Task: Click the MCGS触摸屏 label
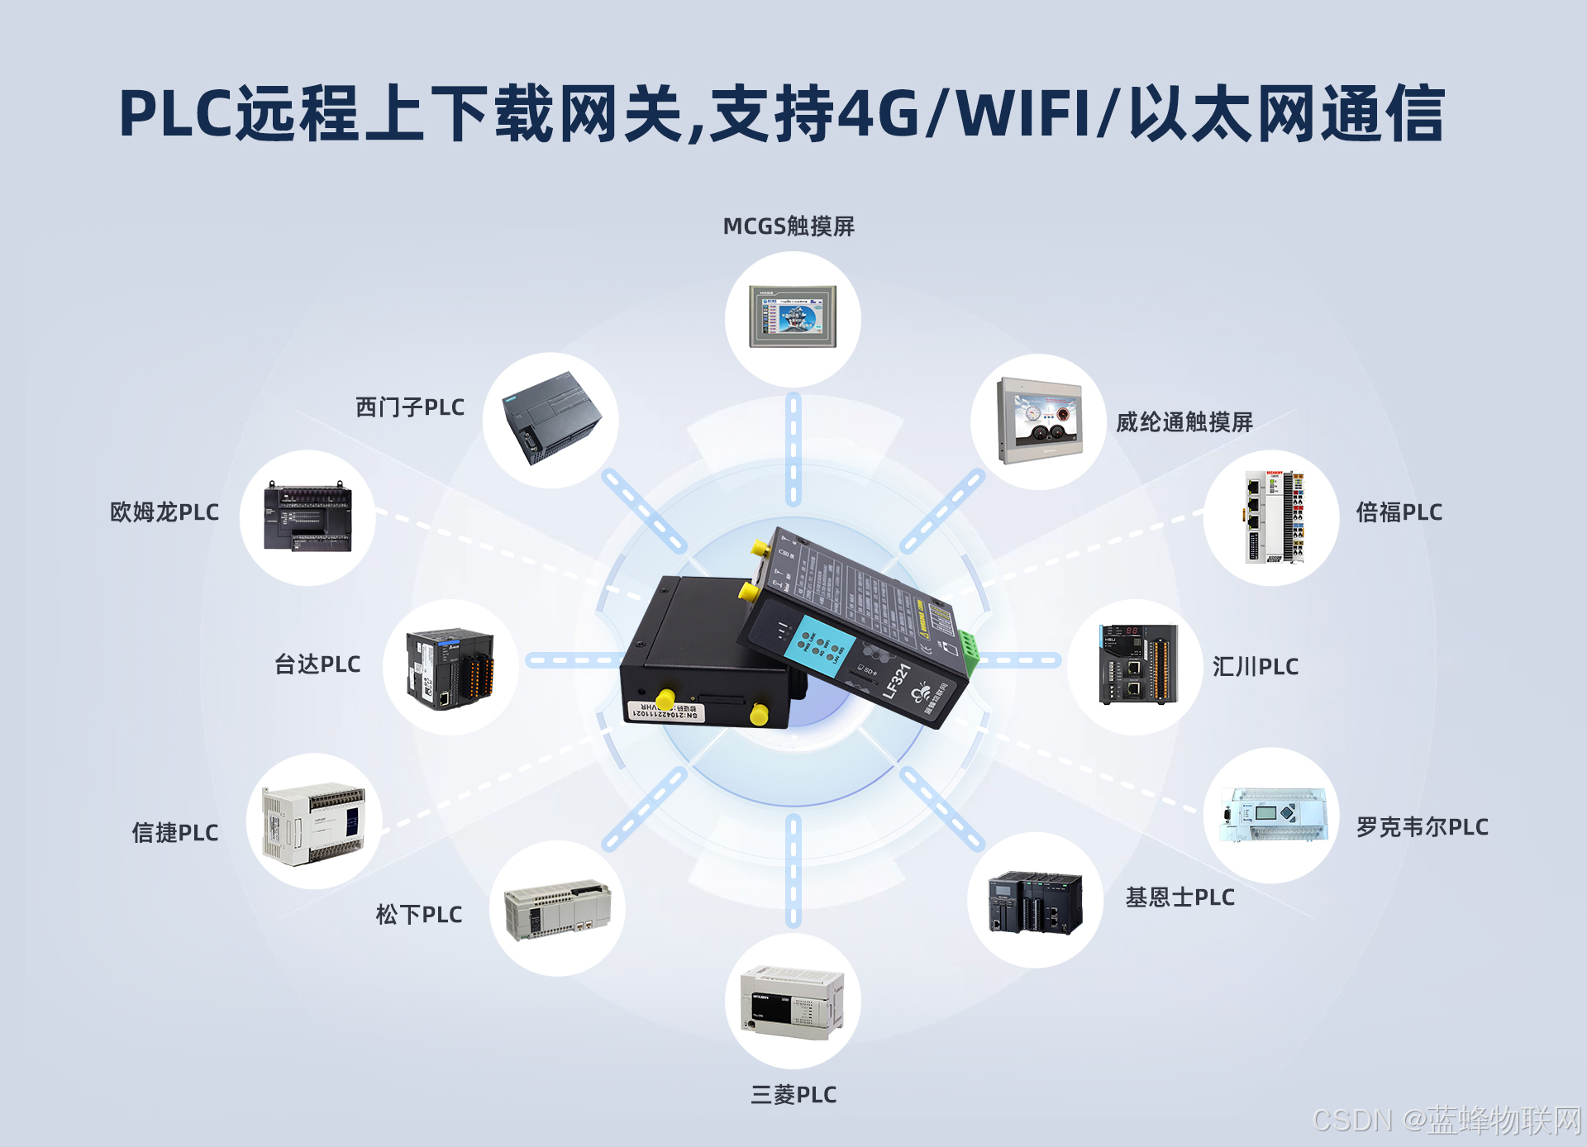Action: [x=789, y=226]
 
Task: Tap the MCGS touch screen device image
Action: [x=793, y=317]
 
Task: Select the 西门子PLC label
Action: [x=410, y=407]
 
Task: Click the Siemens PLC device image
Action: [x=551, y=419]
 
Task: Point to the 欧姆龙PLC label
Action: [x=164, y=512]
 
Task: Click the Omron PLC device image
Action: [x=307, y=517]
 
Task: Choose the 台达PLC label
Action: [x=317, y=664]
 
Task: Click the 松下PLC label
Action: [x=419, y=915]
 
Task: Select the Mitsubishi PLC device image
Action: [x=792, y=1001]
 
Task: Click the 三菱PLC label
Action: [x=793, y=1095]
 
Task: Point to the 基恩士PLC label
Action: [x=1180, y=897]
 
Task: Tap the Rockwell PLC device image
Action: [x=1272, y=815]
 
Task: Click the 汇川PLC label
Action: [x=1256, y=667]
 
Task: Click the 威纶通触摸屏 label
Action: [x=1184, y=423]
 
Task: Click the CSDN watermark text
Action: [x=1352, y=1121]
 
